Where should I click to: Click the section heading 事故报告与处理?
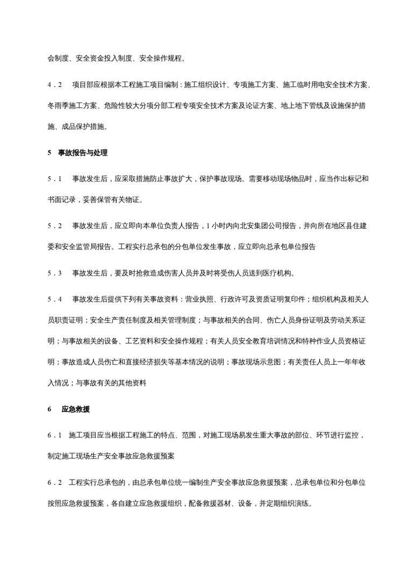point(83,153)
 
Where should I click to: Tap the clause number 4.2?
point(55,85)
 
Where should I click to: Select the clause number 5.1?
point(55,178)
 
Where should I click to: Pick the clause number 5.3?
point(55,272)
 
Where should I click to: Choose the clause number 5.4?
point(55,299)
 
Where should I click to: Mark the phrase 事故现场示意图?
point(256,363)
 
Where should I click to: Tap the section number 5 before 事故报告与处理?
point(49,153)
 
